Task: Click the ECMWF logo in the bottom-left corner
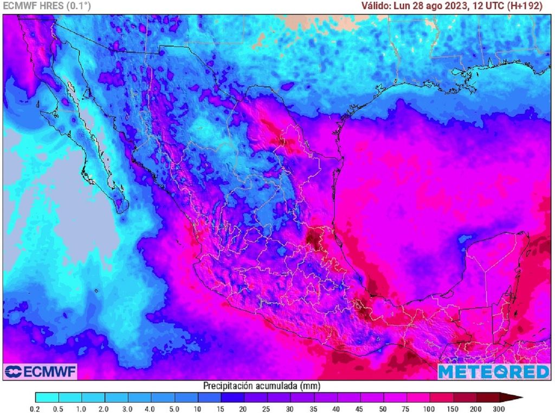[x=40, y=372]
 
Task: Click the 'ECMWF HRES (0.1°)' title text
[x=47, y=6]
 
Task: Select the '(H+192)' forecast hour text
[x=533, y=6]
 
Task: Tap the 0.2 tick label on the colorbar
[x=35, y=408]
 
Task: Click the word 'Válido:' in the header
[x=378, y=6]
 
